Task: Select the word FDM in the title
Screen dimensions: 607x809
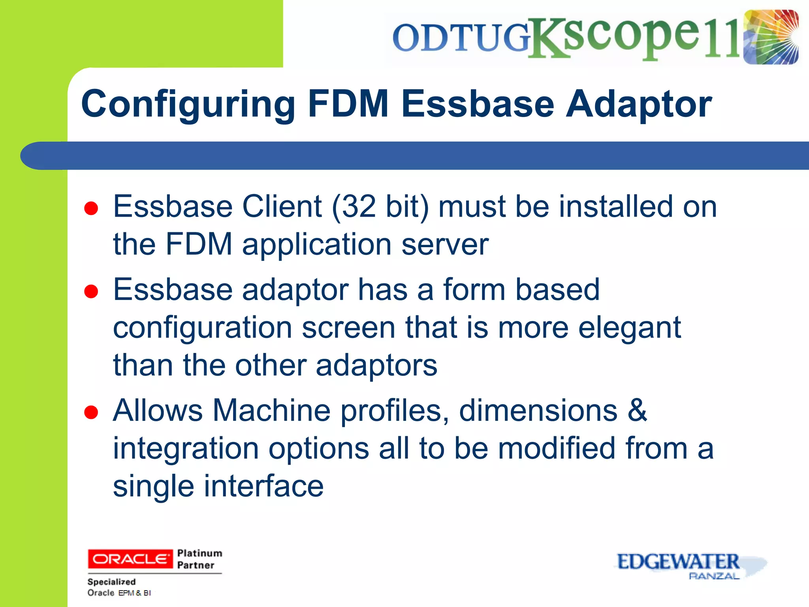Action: [x=348, y=104]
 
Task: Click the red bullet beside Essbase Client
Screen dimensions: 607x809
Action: [x=91, y=208]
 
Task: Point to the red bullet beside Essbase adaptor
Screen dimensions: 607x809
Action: [x=91, y=291]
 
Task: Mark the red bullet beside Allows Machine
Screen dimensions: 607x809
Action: [x=91, y=412]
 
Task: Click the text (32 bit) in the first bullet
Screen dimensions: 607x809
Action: [x=380, y=207]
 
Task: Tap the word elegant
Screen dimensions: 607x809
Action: [x=630, y=328]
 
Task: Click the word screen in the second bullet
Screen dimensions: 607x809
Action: [x=348, y=328]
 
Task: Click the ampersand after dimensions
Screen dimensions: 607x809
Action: [x=637, y=410]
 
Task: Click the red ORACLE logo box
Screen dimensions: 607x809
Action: [x=130, y=559]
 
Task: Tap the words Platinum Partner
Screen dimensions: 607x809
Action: [x=199, y=559]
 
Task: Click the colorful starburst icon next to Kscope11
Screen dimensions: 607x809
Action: [x=770, y=37]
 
